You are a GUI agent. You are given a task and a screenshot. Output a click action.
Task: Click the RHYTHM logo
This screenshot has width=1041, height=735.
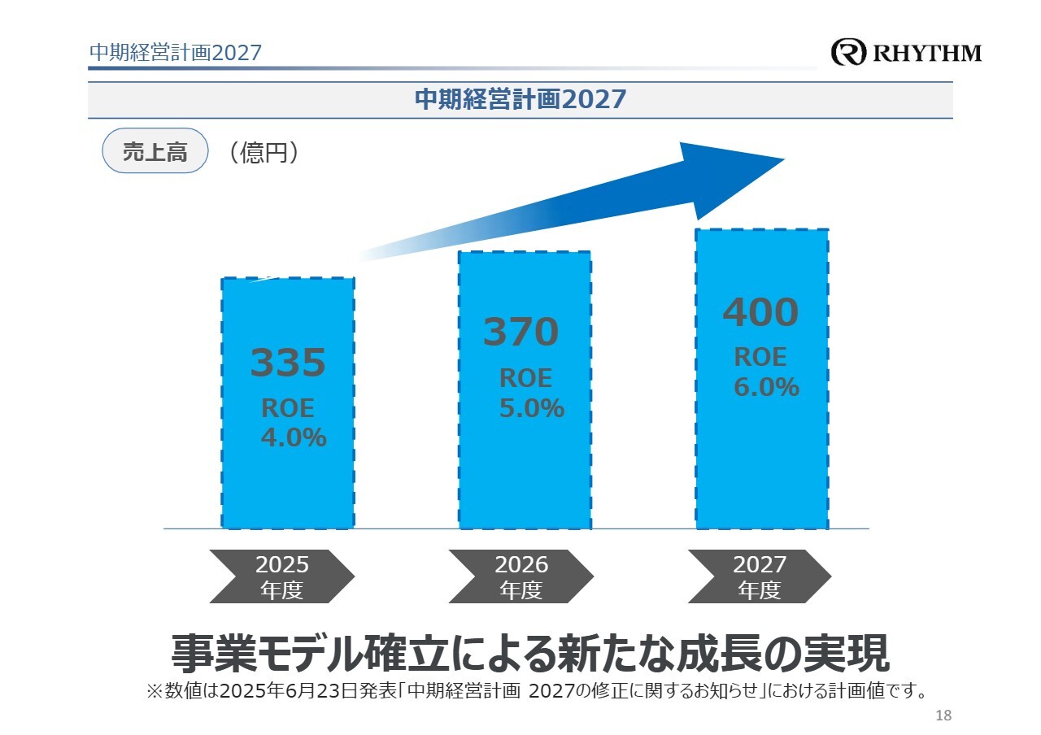tap(906, 53)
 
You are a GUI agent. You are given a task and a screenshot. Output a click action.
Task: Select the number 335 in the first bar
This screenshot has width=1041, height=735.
tap(287, 363)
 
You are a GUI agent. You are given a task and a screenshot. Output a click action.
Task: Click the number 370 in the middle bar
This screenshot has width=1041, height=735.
tap(520, 332)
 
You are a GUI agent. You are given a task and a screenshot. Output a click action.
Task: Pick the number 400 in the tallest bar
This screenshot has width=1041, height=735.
tap(760, 312)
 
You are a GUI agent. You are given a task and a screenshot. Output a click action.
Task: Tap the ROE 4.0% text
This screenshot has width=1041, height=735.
tap(293, 423)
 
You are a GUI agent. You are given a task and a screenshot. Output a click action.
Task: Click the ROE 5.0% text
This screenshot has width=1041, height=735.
tap(530, 394)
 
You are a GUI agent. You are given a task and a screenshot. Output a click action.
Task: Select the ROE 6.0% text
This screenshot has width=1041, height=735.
tap(765, 372)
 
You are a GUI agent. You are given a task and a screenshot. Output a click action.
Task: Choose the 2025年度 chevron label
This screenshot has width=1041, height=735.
tap(281, 576)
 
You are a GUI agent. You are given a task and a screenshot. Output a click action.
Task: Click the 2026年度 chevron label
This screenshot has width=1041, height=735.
tap(520, 576)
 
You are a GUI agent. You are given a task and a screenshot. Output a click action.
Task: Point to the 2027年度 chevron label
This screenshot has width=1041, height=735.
tap(759, 576)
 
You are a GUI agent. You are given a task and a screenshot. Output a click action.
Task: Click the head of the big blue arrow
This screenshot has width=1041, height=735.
tap(732, 175)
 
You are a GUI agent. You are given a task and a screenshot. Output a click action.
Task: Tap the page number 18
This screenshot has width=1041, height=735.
tap(943, 715)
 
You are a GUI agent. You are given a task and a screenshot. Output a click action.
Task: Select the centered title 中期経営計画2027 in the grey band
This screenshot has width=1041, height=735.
tap(520, 100)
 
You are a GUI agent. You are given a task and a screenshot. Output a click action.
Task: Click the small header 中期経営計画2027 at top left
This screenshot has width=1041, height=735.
tap(175, 53)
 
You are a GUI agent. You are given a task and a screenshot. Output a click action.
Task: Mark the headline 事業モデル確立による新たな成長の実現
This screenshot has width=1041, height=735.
tap(529, 653)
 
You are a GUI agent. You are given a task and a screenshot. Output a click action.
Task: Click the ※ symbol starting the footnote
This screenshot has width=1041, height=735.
tap(155, 692)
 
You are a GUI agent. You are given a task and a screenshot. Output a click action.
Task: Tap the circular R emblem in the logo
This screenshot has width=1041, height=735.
tap(849, 53)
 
